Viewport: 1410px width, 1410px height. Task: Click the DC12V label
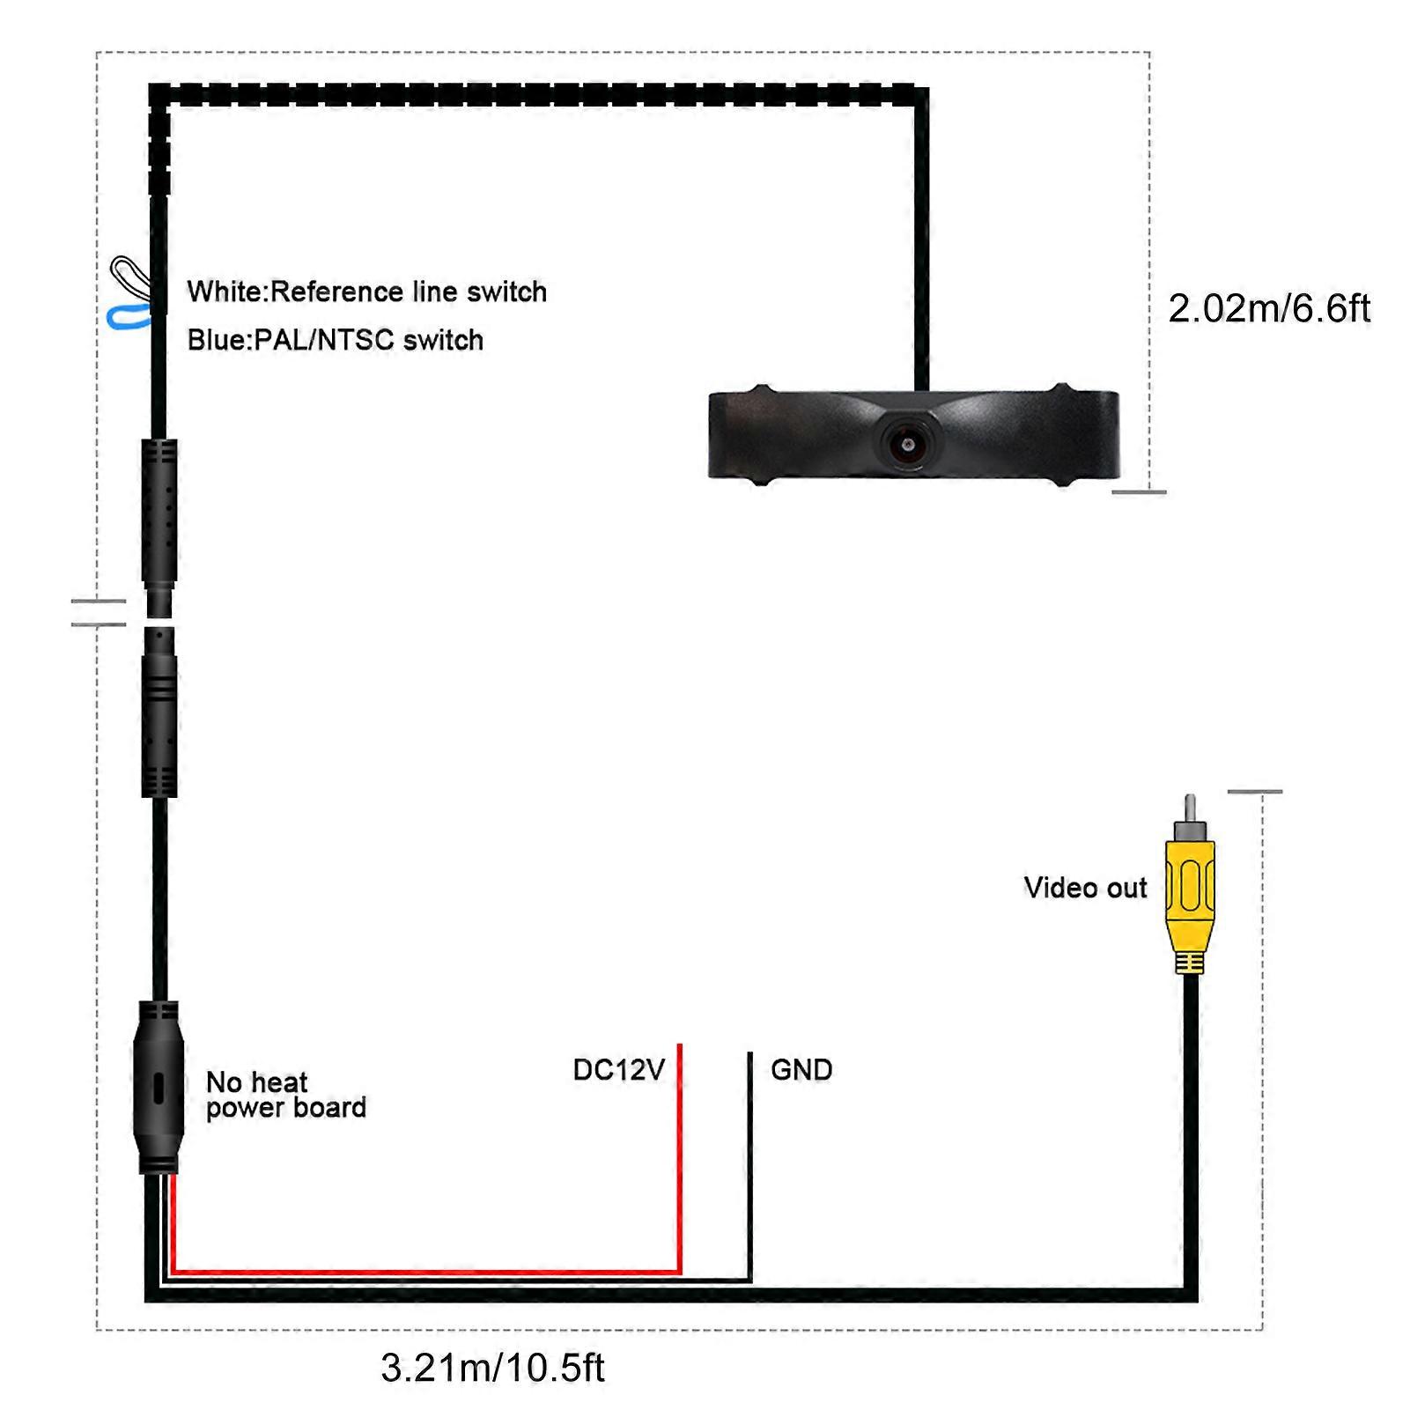tap(618, 1070)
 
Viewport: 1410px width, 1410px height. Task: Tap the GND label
tap(801, 1070)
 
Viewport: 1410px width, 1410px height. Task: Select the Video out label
tap(1085, 888)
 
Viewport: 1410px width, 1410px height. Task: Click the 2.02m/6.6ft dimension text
tap(1269, 309)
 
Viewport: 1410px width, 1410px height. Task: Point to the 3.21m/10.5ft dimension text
tap(492, 1368)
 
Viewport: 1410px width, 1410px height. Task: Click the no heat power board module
tap(159, 1088)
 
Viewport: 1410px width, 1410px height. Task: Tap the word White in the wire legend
tap(225, 292)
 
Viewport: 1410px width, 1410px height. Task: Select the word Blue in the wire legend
tap(217, 340)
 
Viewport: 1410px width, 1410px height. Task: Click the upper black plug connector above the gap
tap(159, 520)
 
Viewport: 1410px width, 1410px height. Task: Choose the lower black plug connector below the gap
tap(159, 713)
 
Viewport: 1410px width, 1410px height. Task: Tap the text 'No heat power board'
tap(285, 1095)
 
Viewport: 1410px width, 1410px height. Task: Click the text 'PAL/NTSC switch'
tap(369, 340)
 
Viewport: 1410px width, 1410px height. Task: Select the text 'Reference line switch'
tap(409, 292)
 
